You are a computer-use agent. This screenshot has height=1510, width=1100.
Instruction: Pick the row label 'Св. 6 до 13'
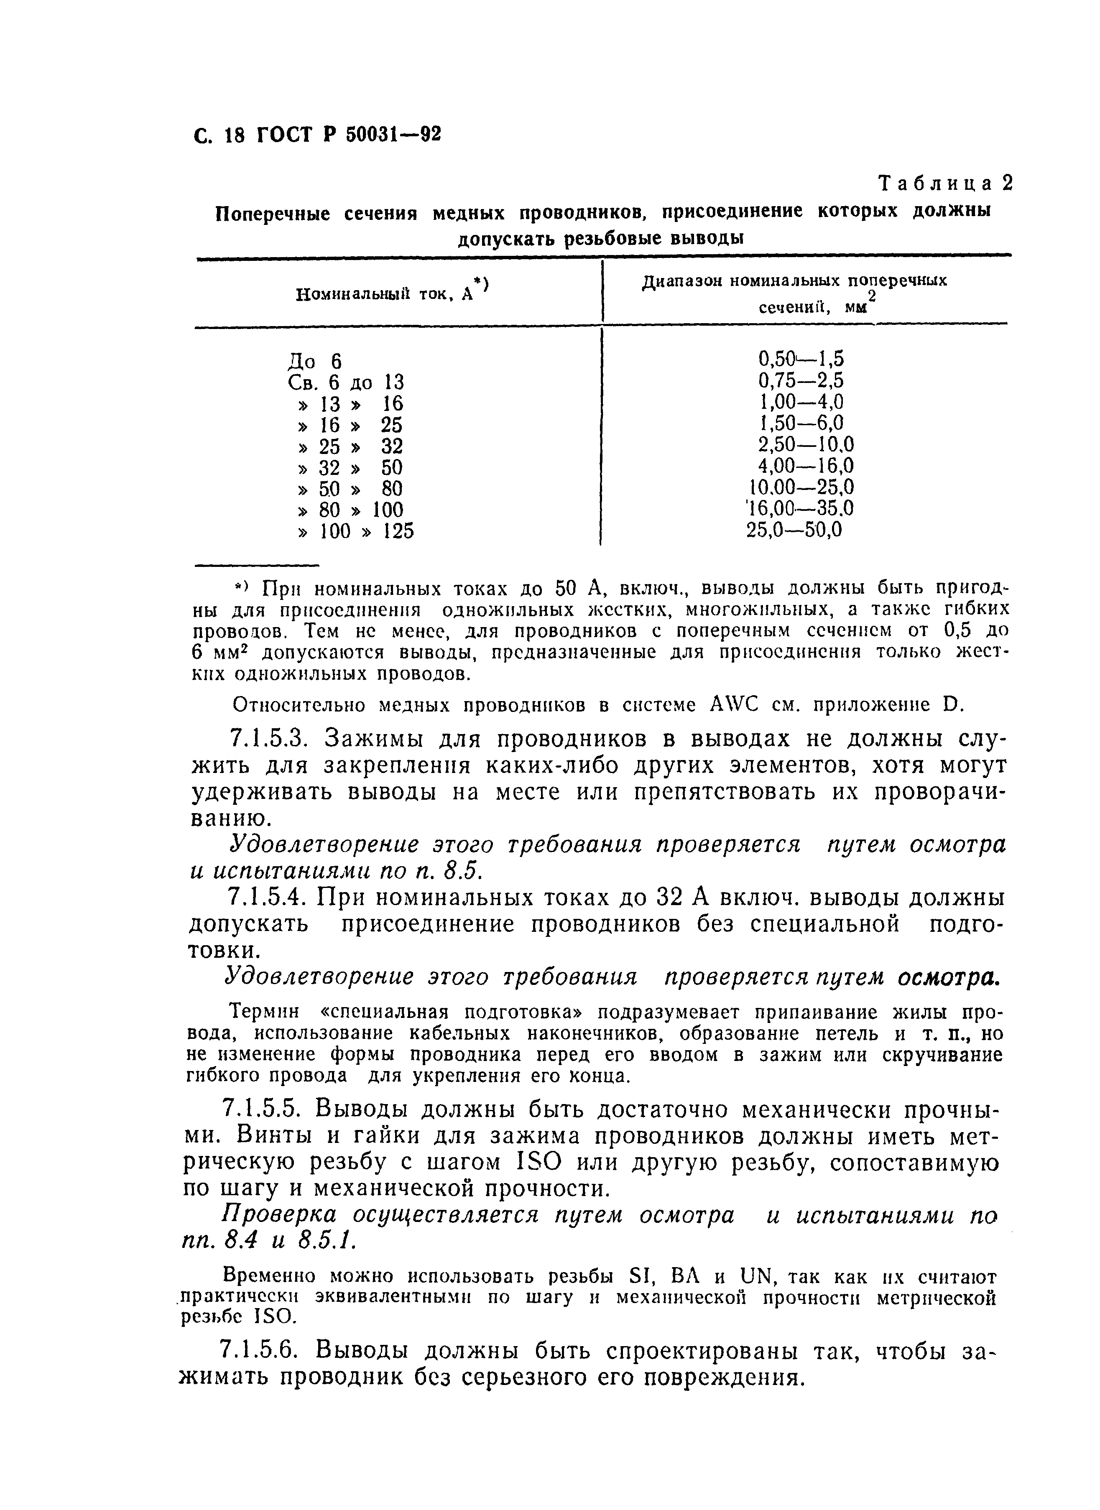pyautogui.click(x=346, y=383)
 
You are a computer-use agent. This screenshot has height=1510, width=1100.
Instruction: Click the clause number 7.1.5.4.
pyautogui.click(x=266, y=898)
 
